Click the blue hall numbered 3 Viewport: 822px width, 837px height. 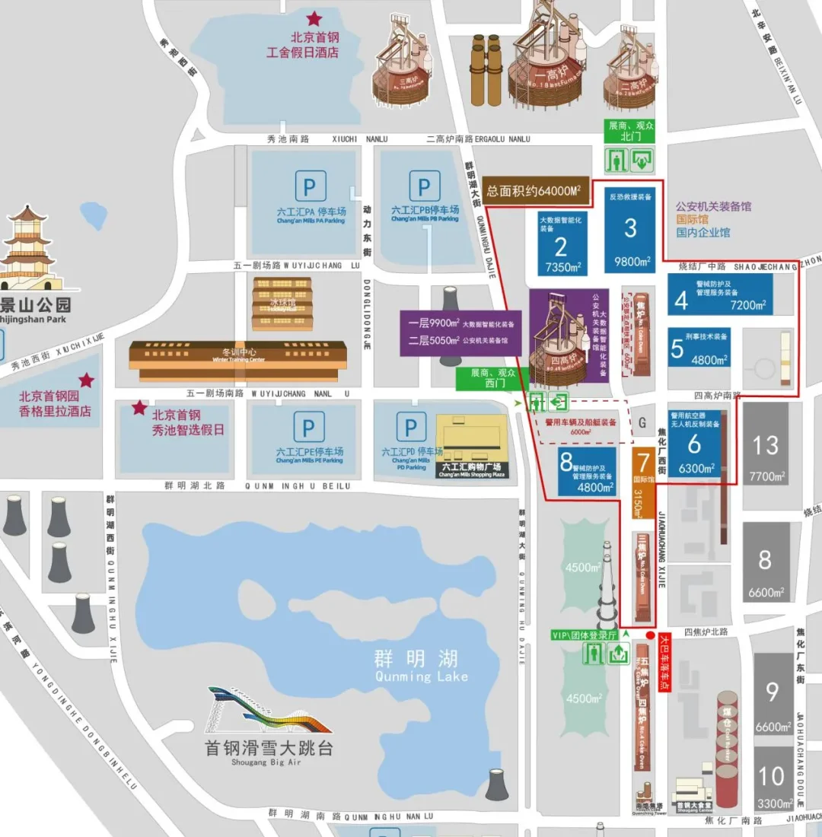click(631, 228)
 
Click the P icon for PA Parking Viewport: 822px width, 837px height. click(310, 186)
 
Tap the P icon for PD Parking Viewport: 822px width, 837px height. click(411, 428)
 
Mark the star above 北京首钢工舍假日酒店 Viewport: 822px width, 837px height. click(314, 18)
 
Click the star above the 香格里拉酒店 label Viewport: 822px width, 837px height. click(87, 380)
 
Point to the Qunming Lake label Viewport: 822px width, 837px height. click(421, 667)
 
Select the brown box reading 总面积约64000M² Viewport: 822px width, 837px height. click(537, 192)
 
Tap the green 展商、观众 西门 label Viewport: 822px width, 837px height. click(492, 379)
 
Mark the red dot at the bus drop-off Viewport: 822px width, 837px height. click(650, 635)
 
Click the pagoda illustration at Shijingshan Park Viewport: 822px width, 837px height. click(28, 247)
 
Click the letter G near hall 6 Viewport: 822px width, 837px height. click(642, 422)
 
